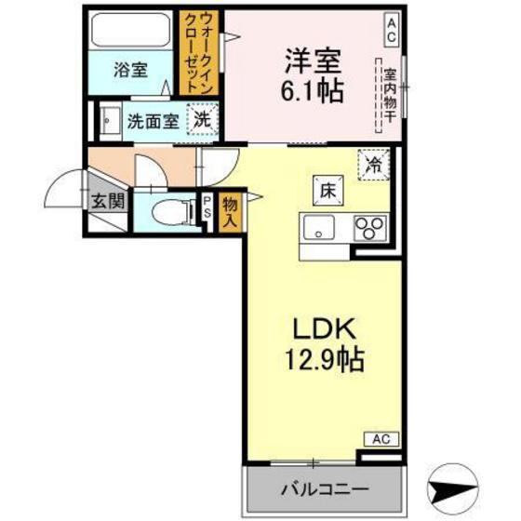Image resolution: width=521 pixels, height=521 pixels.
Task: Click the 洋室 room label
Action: tap(312, 59)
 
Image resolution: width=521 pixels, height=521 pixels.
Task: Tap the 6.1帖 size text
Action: tap(312, 91)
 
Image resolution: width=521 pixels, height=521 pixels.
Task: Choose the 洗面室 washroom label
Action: tap(153, 121)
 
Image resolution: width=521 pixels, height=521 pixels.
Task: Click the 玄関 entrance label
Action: tap(100, 198)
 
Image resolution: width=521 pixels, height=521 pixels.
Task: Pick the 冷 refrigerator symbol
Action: tap(374, 166)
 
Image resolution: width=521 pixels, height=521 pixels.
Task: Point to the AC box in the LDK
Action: tap(381, 437)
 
